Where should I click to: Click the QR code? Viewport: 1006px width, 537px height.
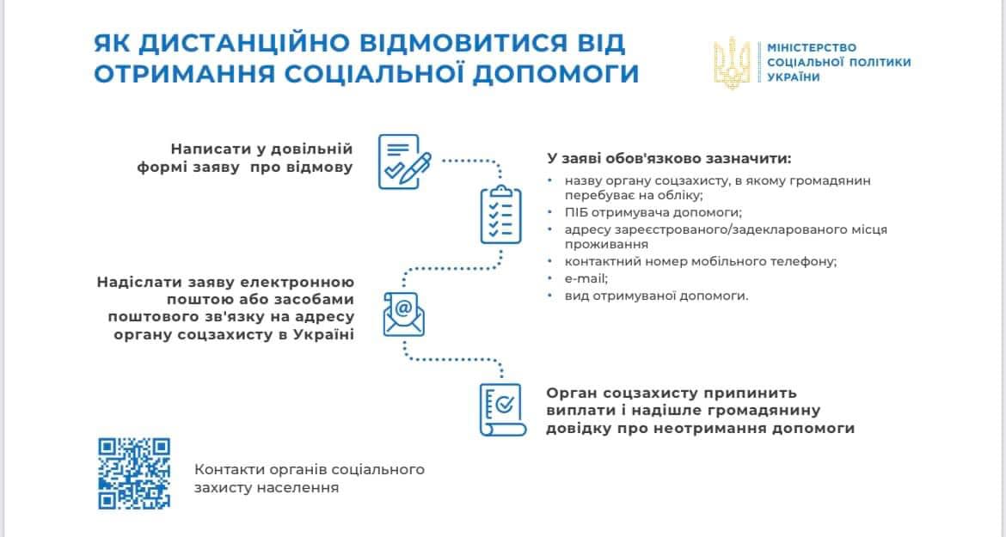click(x=134, y=473)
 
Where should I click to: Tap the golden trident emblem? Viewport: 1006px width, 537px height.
click(x=732, y=63)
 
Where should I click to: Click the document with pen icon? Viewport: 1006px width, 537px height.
click(x=404, y=162)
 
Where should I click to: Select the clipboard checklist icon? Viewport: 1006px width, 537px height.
click(x=501, y=215)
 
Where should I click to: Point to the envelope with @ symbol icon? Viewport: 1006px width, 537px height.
click(x=403, y=314)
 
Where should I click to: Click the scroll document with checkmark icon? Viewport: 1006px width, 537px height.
click(x=503, y=410)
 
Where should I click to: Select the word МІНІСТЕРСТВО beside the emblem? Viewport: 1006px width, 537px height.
click(x=812, y=47)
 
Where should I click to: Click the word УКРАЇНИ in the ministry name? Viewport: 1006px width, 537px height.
click(x=794, y=77)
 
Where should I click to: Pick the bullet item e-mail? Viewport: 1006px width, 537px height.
click(x=586, y=278)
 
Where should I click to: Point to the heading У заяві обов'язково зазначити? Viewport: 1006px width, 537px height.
click(x=669, y=158)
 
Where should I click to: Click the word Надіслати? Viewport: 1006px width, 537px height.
click(x=138, y=283)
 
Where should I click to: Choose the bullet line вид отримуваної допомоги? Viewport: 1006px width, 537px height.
click(x=656, y=296)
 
